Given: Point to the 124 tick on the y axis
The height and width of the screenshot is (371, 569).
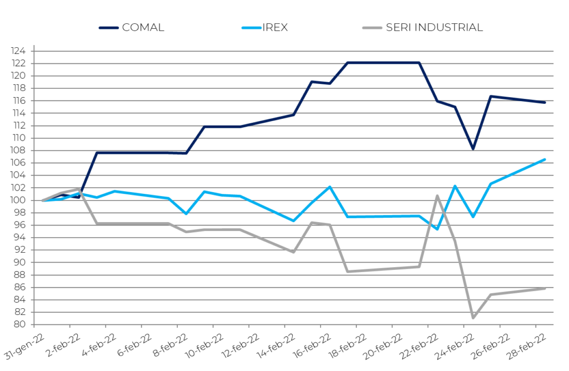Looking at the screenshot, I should point(21,51).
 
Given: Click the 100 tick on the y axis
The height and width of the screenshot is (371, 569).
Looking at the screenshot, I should point(21,200).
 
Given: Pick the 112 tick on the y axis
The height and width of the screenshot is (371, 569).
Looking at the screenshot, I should point(21,126).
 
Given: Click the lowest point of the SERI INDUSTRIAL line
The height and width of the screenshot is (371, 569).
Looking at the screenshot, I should point(473,318).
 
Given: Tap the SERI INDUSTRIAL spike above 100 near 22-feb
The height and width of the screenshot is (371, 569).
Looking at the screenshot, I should point(437,195).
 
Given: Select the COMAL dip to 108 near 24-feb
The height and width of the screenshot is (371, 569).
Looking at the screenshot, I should point(473,149).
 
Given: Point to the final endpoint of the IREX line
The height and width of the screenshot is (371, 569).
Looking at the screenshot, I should point(545,159).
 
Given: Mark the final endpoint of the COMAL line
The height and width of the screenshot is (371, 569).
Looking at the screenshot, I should point(545,102).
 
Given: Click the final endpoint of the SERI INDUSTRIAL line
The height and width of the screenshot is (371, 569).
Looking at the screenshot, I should point(545,288).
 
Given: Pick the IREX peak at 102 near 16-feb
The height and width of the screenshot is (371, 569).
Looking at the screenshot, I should point(330,187).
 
